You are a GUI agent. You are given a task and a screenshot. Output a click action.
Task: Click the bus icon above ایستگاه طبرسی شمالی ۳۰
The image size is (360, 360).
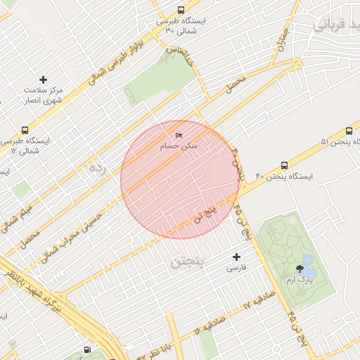[x=181, y=11]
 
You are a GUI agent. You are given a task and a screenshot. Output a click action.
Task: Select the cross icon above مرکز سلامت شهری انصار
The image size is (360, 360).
[x=44, y=79]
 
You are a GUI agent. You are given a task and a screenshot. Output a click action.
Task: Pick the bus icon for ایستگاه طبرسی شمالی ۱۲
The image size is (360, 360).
[x=25, y=130]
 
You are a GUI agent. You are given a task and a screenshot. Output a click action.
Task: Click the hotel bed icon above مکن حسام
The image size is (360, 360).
[x=179, y=135]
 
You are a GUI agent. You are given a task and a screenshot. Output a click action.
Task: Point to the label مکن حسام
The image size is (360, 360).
[x=179, y=146]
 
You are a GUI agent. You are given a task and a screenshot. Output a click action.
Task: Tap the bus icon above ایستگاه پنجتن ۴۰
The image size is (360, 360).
[x=284, y=165]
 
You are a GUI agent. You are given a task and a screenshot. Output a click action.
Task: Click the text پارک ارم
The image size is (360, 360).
[x=300, y=280]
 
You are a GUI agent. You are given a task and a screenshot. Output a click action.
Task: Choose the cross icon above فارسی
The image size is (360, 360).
[x=236, y=257]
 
